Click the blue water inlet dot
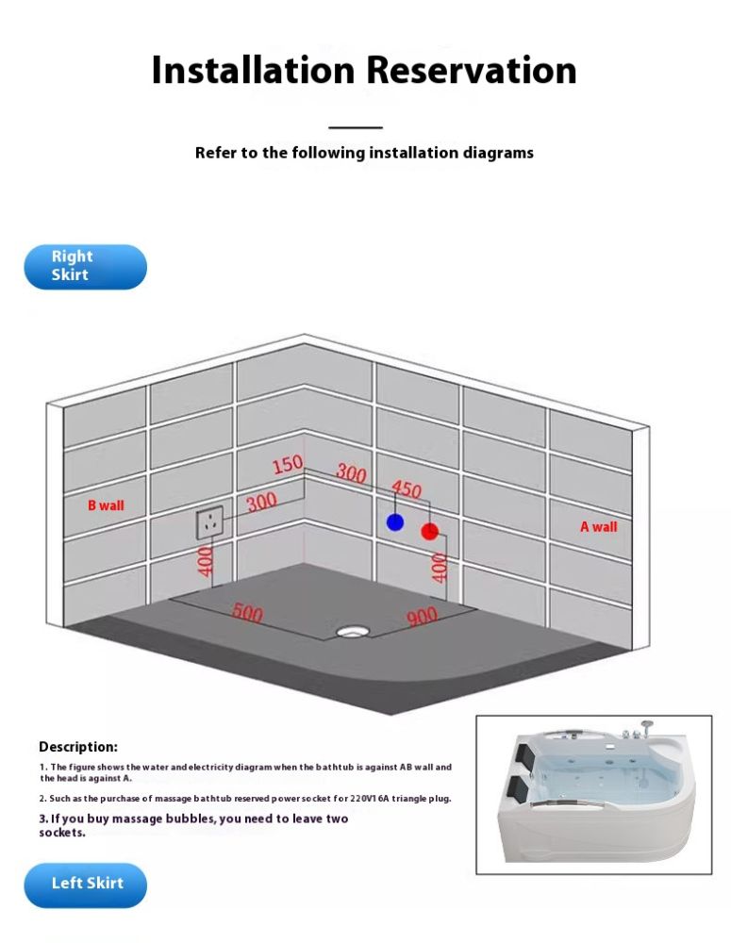(x=395, y=521)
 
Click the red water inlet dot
(x=429, y=531)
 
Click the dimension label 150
(x=288, y=464)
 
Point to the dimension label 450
(x=407, y=489)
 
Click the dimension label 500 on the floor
(x=247, y=612)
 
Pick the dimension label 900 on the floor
(x=422, y=618)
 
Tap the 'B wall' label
(x=106, y=505)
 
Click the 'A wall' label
(x=598, y=527)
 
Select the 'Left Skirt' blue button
(x=86, y=885)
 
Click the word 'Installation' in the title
(x=253, y=70)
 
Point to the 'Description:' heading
(x=78, y=747)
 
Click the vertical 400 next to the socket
(x=206, y=561)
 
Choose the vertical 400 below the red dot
(x=439, y=568)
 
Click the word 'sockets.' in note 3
(x=62, y=833)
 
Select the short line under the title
(x=356, y=127)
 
